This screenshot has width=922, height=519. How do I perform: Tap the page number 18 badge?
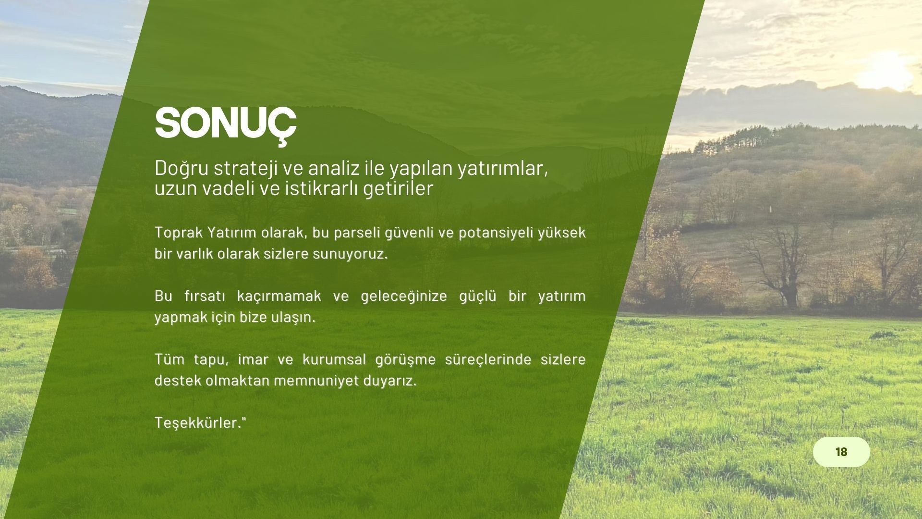point(841,452)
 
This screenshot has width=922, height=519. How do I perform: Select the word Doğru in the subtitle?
point(182,169)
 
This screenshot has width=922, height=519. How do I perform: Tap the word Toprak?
point(179,233)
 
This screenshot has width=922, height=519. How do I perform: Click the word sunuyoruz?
point(350,254)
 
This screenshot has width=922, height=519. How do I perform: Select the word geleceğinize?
point(404,297)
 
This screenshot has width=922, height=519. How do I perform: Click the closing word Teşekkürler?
point(198,423)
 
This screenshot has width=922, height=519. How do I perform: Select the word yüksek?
point(562,233)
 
